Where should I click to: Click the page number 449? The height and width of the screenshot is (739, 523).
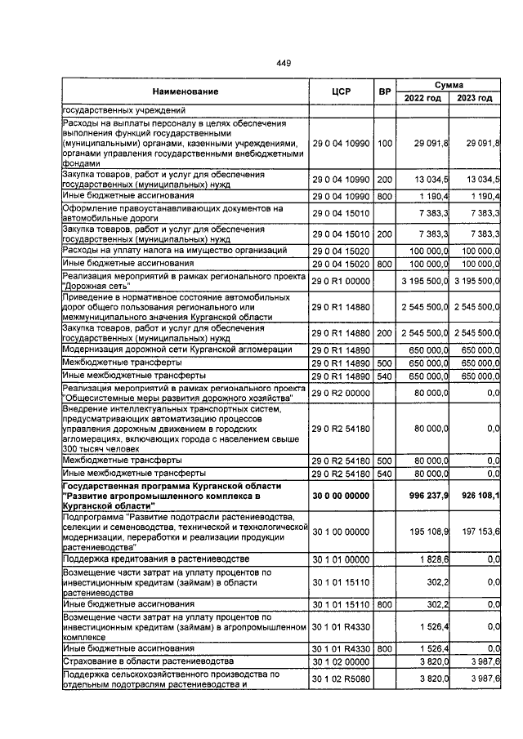point(284,63)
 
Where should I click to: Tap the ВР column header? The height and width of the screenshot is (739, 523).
point(384,91)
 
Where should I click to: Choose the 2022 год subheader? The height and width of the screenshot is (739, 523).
point(422,99)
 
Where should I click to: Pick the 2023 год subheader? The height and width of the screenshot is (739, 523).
point(475,99)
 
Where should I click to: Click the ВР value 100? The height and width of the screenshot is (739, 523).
point(384,143)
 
